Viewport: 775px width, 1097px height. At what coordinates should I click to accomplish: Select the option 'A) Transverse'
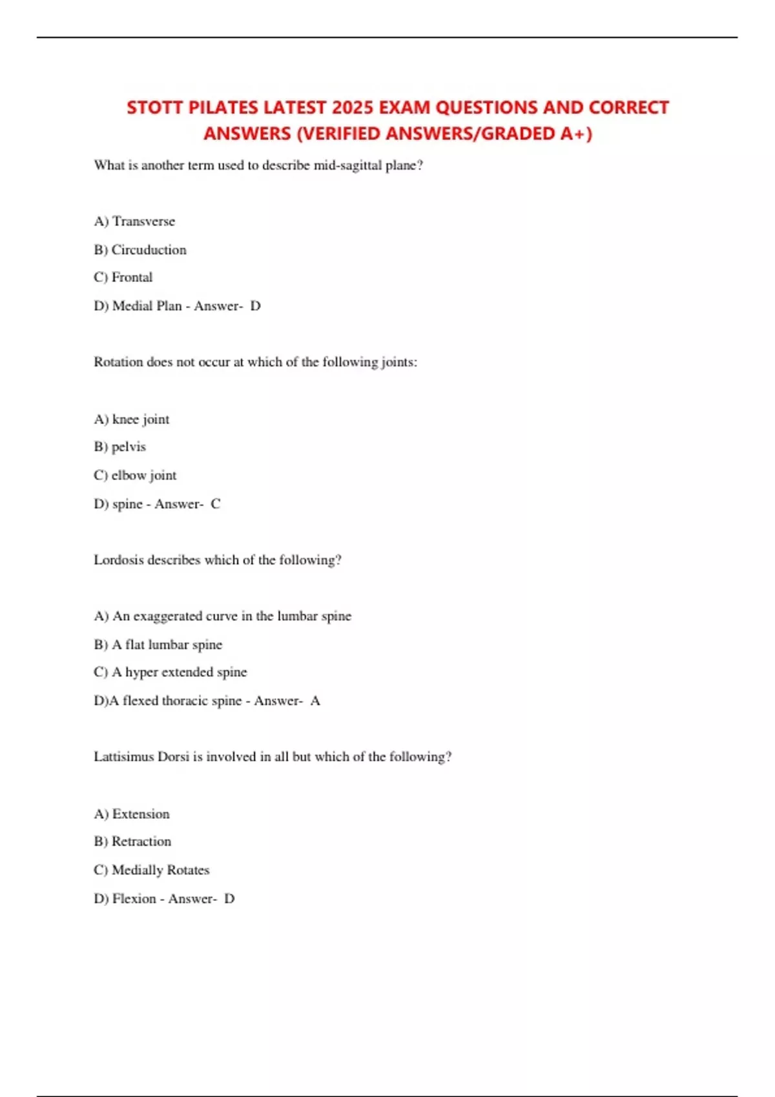(x=134, y=221)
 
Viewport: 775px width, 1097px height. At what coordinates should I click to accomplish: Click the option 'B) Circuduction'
(x=140, y=250)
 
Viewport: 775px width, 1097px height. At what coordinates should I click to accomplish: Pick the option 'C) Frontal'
(x=123, y=277)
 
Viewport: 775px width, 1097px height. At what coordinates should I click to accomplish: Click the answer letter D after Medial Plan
(x=256, y=306)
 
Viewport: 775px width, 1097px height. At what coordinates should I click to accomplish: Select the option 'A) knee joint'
(x=132, y=419)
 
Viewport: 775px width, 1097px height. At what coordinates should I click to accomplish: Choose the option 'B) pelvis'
(x=120, y=447)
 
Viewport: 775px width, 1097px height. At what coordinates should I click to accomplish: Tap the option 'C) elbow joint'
(x=135, y=476)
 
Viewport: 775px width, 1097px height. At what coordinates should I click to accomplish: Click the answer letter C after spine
(x=216, y=504)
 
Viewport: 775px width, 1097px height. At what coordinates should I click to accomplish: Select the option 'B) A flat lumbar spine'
(x=158, y=645)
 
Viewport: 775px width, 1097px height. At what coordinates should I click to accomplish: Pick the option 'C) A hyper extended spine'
(x=170, y=672)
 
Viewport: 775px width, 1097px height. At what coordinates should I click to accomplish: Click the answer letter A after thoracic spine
(x=315, y=701)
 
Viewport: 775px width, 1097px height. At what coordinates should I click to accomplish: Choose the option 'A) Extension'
(x=132, y=814)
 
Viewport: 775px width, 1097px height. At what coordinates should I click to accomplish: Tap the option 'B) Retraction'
(x=132, y=841)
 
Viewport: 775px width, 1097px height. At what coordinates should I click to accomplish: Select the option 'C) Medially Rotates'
(x=152, y=870)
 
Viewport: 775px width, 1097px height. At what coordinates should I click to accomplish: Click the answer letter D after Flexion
(x=229, y=898)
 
